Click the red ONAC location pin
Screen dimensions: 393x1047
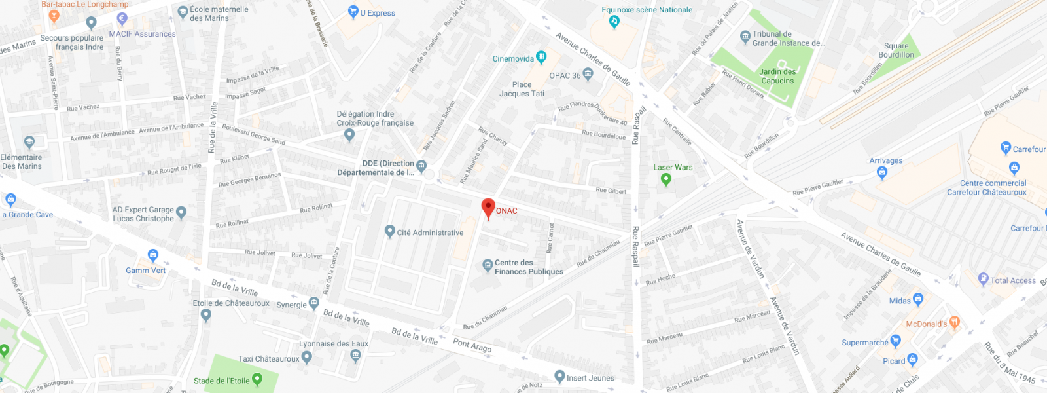(488, 208)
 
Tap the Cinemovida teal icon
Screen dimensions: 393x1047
(541, 57)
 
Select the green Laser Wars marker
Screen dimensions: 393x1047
(666, 178)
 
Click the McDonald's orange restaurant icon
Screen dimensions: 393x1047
(954, 322)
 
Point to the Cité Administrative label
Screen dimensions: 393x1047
(430, 233)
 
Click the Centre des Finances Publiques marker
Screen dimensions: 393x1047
(487, 265)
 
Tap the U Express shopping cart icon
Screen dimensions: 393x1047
(353, 11)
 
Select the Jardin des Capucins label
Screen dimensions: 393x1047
(777, 77)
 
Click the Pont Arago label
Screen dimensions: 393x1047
(472, 345)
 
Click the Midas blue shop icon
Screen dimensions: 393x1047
(918, 299)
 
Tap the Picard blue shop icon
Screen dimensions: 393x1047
(912, 360)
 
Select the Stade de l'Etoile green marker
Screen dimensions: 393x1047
(257, 379)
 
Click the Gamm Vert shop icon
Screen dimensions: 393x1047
(153, 255)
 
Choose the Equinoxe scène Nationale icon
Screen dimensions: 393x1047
(614, 22)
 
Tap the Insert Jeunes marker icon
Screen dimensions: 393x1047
(559, 376)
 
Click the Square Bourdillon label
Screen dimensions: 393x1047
(896, 50)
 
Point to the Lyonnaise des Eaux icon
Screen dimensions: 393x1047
(355, 356)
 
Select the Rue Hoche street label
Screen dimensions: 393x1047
(660, 280)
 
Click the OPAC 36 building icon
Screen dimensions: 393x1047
(588, 74)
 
